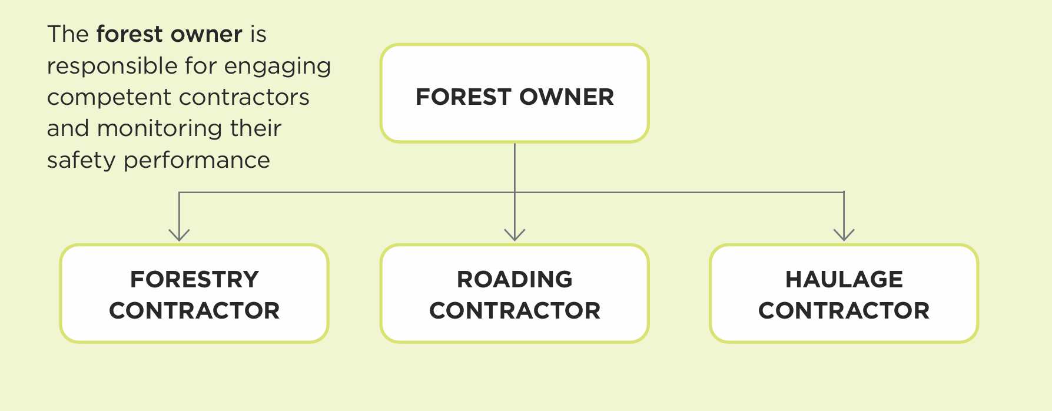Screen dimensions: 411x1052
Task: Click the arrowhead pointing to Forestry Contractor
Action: (x=179, y=235)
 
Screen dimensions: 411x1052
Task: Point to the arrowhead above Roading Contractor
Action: (x=515, y=235)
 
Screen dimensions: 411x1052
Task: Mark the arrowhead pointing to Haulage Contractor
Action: (x=844, y=235)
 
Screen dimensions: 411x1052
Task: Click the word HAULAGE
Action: (x=844, y=279)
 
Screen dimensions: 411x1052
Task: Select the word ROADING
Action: (x=515, y=279)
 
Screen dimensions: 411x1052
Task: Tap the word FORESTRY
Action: (x=194, y=279)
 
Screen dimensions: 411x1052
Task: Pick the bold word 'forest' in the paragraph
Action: (x=130, y=34)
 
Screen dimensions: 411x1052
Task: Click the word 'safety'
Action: (x=81, y=161)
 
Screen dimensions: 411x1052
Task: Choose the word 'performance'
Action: (x=197, y=161)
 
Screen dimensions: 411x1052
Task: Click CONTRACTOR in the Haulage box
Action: (x=844, y=310)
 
